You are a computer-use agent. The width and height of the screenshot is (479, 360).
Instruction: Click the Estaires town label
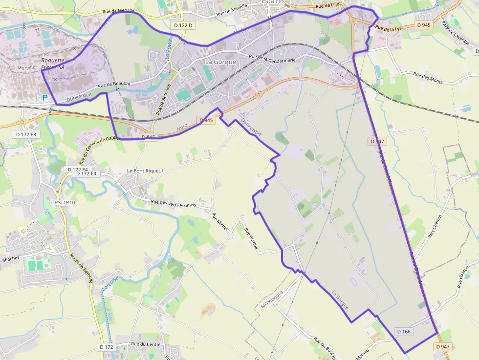[x=273, y=2]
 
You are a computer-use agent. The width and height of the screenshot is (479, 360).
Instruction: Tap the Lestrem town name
[x=63, y=201]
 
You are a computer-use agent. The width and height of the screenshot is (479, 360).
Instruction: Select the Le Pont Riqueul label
[x=144, y=170]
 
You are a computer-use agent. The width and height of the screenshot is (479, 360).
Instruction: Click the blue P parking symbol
[x=45, y=98]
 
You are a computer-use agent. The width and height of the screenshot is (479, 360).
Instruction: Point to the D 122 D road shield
[x=184, y=25]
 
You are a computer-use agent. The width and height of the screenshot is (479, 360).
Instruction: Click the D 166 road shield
[x=404, y=331]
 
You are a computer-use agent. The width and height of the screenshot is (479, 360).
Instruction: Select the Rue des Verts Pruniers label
[x=174, y=204]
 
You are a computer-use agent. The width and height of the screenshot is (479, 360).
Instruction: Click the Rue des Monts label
[x=428, y=78]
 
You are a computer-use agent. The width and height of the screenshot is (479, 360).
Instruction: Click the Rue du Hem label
[x=464, y=275]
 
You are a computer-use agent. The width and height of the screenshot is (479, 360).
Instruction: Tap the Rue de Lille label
[x=327, y=6]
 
